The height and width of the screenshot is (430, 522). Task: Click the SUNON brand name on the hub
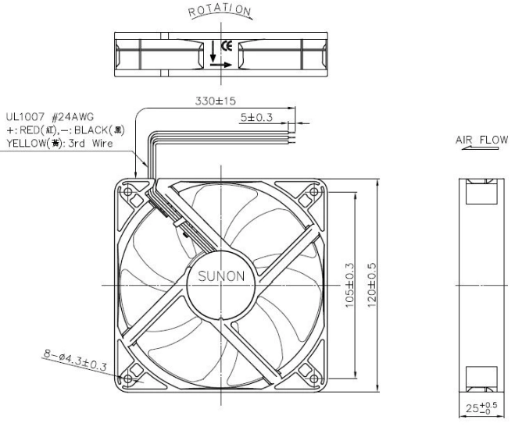(221, 276)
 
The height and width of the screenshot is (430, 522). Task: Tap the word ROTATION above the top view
(220, 10)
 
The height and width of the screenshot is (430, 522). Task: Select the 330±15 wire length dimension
(216, 101)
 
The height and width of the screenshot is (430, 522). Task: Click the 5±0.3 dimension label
(256, 117)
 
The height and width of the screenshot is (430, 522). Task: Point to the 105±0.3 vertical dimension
(350, 286)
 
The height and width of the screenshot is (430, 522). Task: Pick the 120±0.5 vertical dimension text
(371, 286)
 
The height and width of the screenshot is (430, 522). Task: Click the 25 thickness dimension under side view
(481, 407)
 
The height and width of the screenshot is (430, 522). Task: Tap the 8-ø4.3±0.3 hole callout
(75, 360)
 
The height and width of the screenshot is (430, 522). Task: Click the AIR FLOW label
(481, 140)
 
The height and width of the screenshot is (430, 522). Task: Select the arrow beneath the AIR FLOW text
(480, 148)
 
